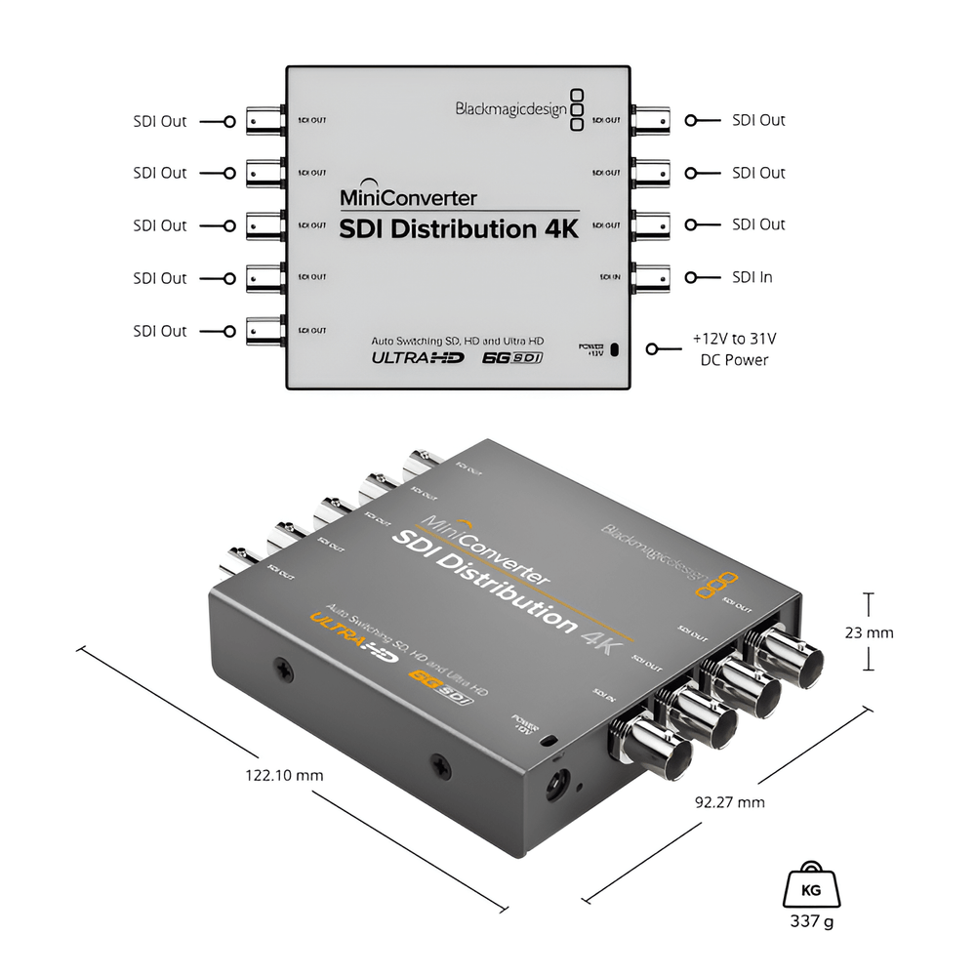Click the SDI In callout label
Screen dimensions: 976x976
coord(752,277)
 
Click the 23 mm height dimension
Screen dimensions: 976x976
coord(870,632)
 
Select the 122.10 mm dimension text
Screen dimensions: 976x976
coord(284,775)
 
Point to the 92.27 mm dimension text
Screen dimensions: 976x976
coord(730,802)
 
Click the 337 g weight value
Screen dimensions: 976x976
coord(813,920)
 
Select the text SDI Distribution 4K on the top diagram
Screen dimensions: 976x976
coord(459,229)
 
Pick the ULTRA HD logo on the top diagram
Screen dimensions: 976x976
coord(417,357)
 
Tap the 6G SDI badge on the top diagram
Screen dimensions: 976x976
coord(513,357)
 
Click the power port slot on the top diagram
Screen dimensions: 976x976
coord(615,349)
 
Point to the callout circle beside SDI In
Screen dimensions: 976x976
coord(690,277)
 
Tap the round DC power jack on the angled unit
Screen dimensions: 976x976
coord(559,782)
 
